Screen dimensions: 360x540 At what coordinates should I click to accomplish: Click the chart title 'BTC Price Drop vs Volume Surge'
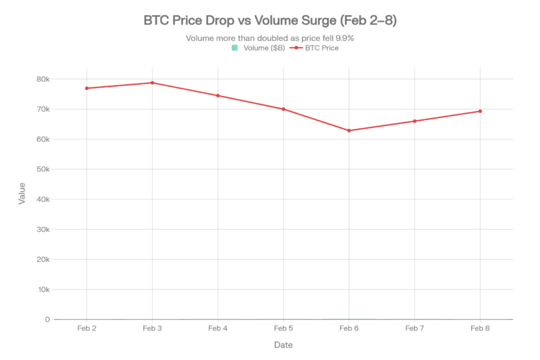coord(270,22)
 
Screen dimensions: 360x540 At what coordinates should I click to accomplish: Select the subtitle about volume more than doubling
coord(270,38)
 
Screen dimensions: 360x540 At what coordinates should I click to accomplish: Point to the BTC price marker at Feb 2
coord(86,89)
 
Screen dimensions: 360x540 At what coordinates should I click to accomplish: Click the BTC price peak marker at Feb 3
coord(152,83)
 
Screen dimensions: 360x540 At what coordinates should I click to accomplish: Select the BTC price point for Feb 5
coord(284,109)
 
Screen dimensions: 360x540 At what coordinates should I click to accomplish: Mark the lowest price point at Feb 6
coord(349,130)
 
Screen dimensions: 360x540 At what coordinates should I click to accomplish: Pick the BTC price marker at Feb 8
coord(480,111)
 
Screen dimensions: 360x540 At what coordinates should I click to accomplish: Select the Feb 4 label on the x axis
coord(217,328)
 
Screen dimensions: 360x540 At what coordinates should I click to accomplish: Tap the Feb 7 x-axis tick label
coord(415,328)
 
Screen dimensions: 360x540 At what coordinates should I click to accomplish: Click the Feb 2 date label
coord(86,328)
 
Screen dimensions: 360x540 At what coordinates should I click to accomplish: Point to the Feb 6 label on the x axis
coord(349,328)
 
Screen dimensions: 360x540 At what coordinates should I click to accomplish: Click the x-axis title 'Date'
coord(283,345)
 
